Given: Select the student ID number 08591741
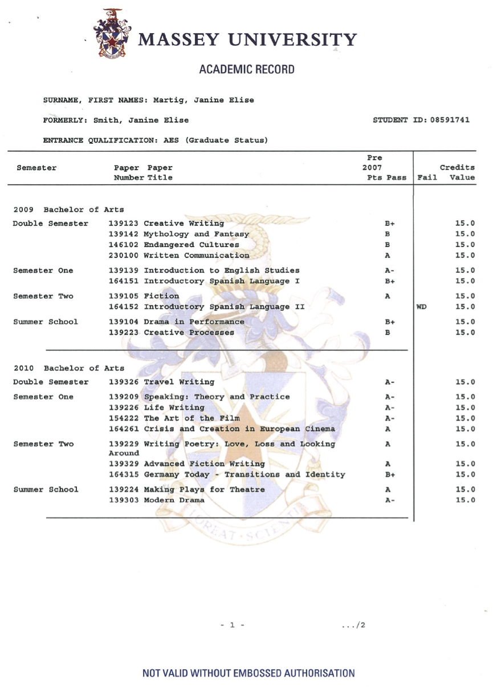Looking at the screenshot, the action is [448, 120].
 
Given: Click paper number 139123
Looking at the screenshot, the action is [124, 223].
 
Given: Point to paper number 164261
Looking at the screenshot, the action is [124, 429].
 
